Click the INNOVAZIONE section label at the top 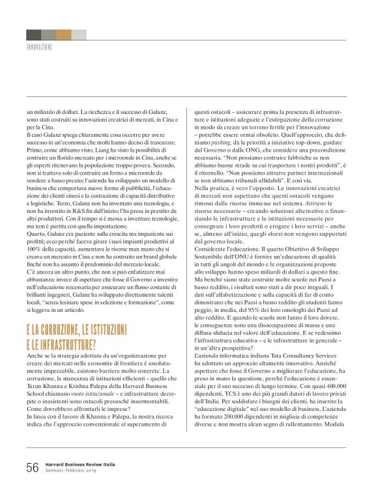point(39,48)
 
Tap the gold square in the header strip point(64,35)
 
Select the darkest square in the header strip point(33,35)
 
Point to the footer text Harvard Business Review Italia point(80,464)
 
